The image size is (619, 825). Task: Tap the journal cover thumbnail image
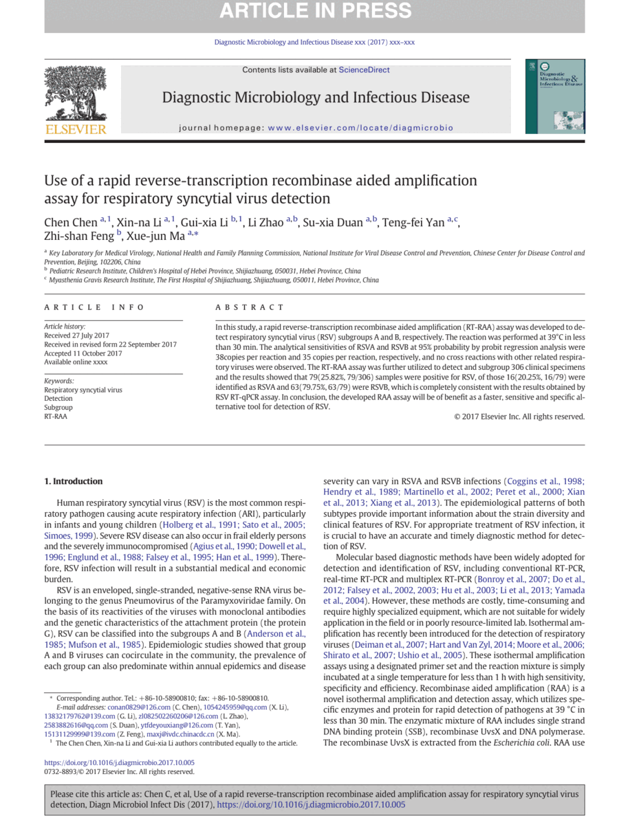pyautogui.click(x=554, y=96)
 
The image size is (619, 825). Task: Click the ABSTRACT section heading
pyautogui.click(x=249, y=307)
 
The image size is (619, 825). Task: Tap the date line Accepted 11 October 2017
pyautogui.click(x=83, y=353)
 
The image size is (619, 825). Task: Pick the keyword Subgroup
pyautogui.click(x=58, y=408)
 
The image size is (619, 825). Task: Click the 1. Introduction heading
pyautogui.click(x=74, y=481)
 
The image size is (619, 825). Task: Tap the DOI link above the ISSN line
pyautogui.click(x=120, y=762)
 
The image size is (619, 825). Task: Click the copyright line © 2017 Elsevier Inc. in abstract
pyautogui.click(x=519, y=417)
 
